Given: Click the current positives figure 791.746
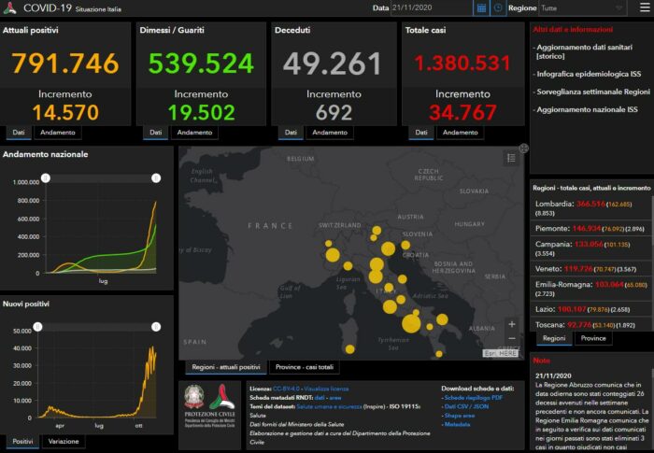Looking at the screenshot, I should point(66,64).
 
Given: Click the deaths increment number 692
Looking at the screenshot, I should point(334,112).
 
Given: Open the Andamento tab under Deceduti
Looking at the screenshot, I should point(332,134).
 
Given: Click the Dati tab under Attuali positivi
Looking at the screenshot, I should point(19,134).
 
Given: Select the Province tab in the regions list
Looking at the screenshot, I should point(593,338).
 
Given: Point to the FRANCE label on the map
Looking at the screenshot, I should point(271,226).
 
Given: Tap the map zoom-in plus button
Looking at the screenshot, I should point(511,324).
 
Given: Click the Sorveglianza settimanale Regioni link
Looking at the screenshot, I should point(590,92).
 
